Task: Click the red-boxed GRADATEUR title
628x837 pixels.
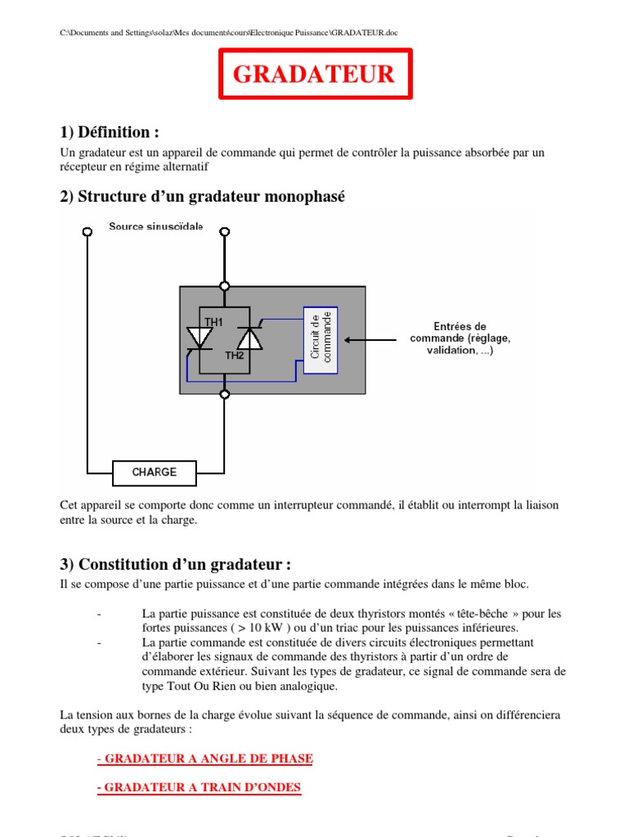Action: (x=314, y=74)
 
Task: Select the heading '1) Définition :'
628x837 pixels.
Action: (x=110, y=132)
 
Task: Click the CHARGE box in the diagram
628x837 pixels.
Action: (x=155, y=472)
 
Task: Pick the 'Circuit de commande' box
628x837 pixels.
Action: (x=320, y=341)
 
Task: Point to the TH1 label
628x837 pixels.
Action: (x=213, y=322)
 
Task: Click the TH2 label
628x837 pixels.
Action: (x=234, y=356)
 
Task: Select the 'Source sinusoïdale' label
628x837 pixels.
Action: (x=156, y=226)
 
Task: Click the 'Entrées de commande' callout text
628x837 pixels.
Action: (x=460, y=338)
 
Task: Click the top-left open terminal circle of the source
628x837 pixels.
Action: (x=87, y=231)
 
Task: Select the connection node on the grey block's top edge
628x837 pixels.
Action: (x=225, y=286)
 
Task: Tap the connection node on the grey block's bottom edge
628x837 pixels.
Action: (x=225, y=394)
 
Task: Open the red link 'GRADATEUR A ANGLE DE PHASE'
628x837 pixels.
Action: (x=204, y=759)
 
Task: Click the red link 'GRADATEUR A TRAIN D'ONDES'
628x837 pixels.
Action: (x=199, y=788)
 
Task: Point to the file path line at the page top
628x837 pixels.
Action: (x=230, y=33)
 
